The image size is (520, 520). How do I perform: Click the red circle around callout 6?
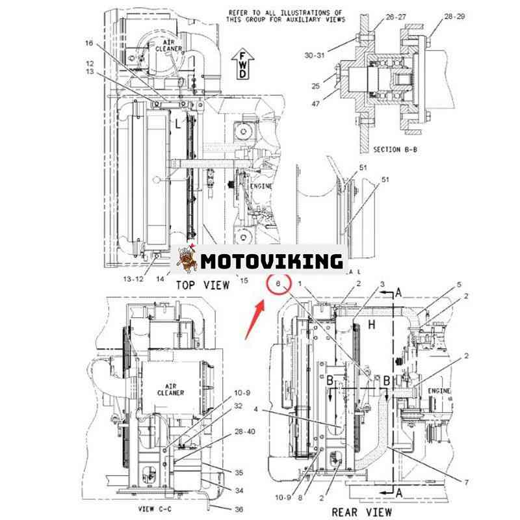point(278,285)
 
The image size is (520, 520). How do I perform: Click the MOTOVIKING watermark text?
point(271,261)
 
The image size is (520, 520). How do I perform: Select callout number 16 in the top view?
point(89,44)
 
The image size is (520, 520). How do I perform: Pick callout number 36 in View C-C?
point(220,509)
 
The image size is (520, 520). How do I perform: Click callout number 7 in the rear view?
point(465,482)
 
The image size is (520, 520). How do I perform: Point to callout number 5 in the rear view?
point(459,284)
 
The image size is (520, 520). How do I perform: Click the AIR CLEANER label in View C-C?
point(171,389)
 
